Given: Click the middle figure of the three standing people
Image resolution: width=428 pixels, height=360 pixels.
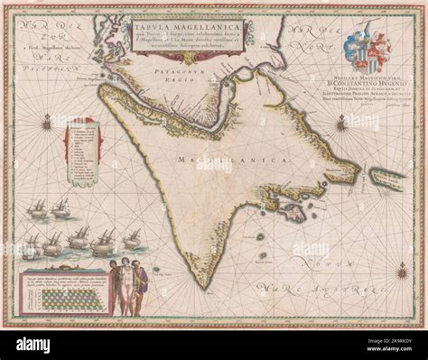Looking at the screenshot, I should [x=126, y=284].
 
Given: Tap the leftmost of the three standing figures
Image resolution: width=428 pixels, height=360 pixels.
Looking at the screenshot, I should [x=112, y=284].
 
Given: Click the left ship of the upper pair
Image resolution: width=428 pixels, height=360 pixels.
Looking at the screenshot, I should [x=38, y=208].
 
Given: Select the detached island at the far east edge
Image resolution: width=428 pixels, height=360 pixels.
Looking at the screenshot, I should [x=386, y=176].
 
